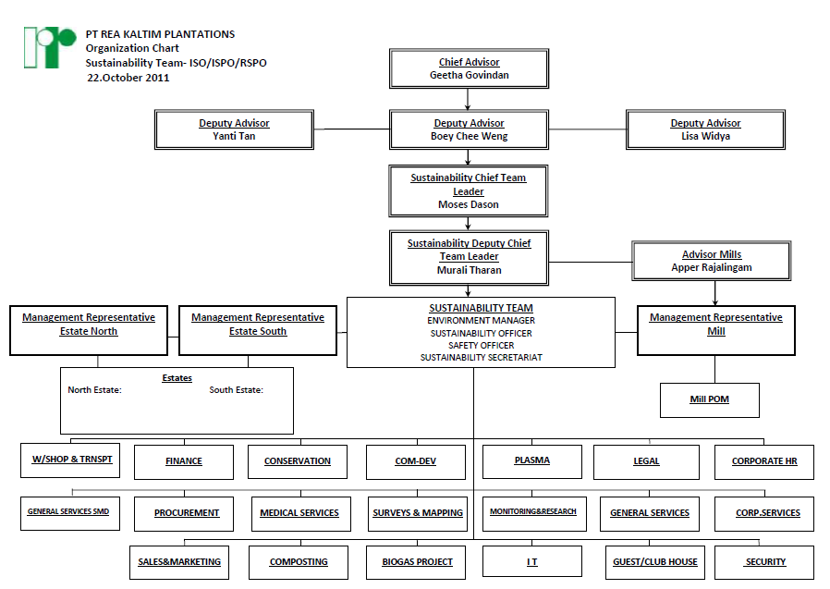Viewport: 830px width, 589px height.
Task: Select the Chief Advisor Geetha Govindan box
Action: point(469,69)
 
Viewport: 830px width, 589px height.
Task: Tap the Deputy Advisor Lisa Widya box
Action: point(705,129)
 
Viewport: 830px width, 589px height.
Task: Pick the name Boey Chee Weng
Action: point(469,137)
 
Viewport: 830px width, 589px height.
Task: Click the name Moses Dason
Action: point(469,204)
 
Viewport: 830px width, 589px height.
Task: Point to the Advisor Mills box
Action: point(711,261)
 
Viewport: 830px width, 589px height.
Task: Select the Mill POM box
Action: point(710,400)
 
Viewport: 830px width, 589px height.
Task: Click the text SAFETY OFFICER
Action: point(481,345)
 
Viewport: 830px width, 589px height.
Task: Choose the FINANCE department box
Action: point(184,461)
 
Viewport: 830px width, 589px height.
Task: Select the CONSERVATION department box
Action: point(297,461)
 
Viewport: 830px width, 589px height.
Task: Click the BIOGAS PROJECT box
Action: point(417,561)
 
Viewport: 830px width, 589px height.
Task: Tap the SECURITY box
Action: point(764,561)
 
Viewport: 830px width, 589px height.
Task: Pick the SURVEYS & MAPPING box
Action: point(417,513)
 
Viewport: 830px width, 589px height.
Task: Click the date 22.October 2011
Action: point(128,78)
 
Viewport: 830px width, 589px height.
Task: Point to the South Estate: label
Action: point(236,390)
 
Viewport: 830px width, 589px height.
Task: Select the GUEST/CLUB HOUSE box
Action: point(654,561)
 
